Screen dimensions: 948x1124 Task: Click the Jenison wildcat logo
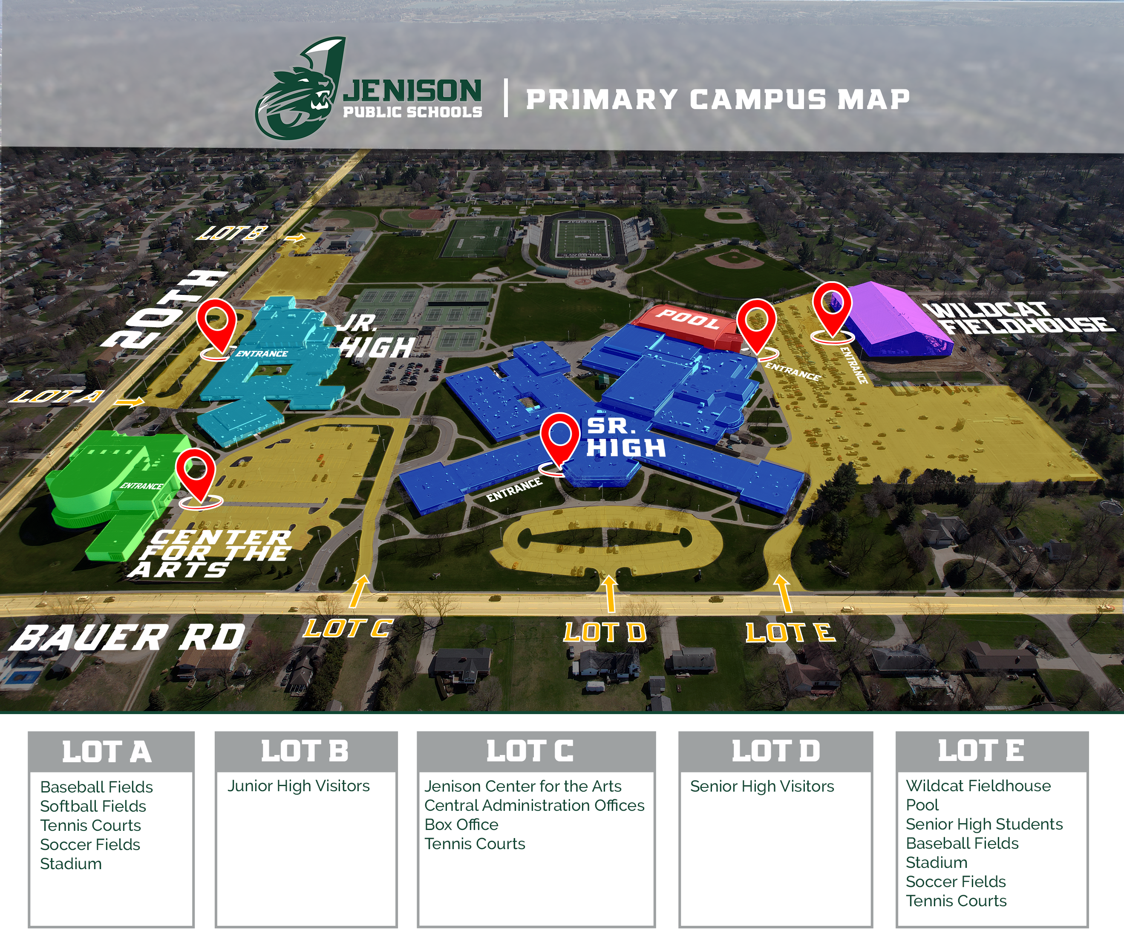point(301,89)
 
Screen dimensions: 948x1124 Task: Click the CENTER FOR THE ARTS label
point(212,553)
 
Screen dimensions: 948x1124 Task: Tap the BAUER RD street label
point(128,637)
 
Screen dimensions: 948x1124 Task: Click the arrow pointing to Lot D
point(609,594)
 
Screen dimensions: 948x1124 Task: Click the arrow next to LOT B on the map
point(294,238)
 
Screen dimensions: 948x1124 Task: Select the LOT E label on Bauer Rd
point(790,633)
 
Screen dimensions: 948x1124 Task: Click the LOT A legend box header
point(111,751)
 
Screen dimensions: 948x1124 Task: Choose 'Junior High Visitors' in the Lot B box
point(298,786)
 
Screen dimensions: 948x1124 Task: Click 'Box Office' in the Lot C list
point(461,824)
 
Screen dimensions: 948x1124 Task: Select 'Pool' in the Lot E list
point(922,805)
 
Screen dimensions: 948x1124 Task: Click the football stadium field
point(583,236)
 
